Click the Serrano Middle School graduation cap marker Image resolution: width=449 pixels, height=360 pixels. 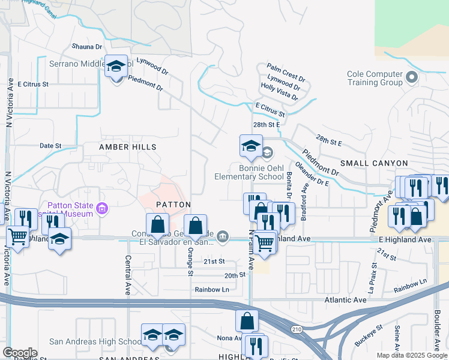click(116, 66)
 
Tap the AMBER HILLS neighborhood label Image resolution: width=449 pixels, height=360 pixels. click(127, 147)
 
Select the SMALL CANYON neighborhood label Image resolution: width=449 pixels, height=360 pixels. click(374, 163)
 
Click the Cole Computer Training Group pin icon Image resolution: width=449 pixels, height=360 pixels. click(412, 77)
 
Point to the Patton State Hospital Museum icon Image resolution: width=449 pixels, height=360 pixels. click(102, 209)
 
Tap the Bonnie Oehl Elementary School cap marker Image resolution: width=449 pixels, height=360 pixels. click(251, 145)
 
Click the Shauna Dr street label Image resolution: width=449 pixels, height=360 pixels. click(87, 46)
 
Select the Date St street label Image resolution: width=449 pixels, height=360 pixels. click(50, 146)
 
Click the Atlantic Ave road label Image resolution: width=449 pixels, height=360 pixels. click(345, 299)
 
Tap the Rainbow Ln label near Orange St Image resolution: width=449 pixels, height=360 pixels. click(212, 289)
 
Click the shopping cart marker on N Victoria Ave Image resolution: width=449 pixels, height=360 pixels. click(17, 236)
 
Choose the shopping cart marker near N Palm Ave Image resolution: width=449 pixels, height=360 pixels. click(264, 242)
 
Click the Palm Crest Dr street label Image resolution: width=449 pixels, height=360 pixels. click(286, 67)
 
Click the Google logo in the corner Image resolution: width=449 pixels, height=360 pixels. click(20, 352)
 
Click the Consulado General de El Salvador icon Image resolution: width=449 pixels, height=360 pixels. click(222, 238)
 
